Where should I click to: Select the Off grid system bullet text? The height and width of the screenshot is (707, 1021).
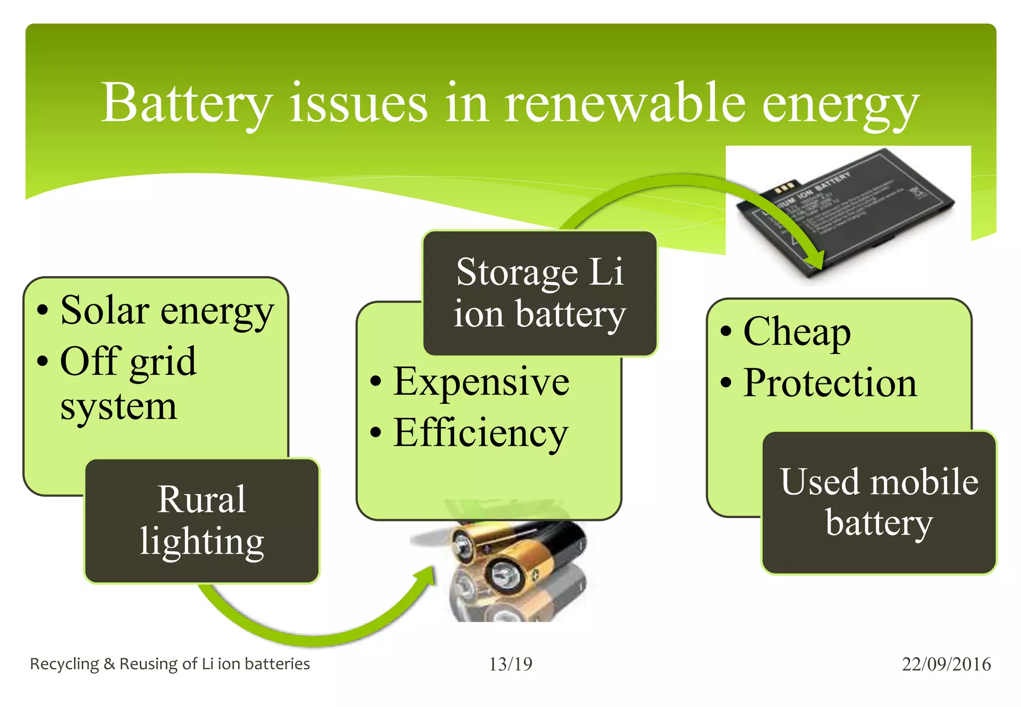(128, 383)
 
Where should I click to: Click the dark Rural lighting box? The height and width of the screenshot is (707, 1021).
(202, 521)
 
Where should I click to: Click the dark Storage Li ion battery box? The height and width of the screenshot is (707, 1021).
(540, 293)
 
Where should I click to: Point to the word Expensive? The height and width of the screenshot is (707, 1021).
(481, 382)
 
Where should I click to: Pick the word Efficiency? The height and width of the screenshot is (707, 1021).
(481, 433)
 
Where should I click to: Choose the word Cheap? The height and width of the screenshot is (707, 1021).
(797, 332)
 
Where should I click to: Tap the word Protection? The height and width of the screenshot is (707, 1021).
(830, 383)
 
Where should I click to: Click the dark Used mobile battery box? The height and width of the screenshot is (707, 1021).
(879, 503)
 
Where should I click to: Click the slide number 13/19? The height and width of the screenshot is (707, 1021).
(510, 664)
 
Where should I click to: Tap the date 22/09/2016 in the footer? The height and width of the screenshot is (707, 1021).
(946, 664)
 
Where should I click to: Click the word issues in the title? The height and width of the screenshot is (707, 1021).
(359, 104)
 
